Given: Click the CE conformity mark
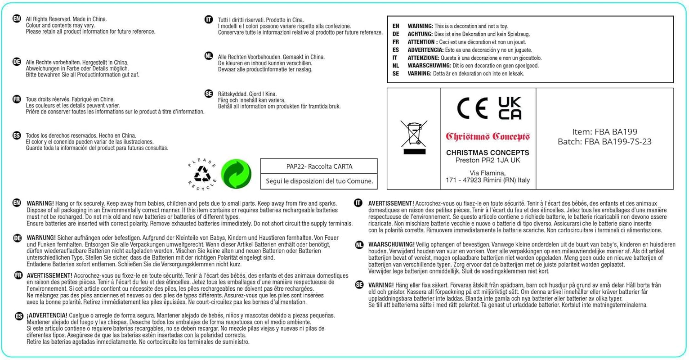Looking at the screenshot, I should coord(472,108).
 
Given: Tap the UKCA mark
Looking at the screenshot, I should coord(510,108).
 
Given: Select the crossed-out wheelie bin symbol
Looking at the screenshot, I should coord(414,137).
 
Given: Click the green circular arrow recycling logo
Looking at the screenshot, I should coord(237,174).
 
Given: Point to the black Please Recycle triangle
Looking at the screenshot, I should coord(202,174).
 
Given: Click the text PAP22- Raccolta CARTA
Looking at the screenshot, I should coord(319,166).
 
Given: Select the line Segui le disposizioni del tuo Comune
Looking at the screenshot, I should coord(319,181).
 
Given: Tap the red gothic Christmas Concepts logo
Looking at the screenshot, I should coord(488,136).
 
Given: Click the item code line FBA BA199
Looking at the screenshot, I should coord(604,132).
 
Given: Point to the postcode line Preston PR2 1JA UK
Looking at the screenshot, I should coord(488,160).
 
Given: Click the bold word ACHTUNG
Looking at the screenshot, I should coord(420,34).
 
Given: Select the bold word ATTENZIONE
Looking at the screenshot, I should coord(423,58).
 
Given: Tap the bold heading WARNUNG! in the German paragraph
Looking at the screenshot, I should coord(41,238).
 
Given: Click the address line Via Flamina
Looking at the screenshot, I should coord(488,173).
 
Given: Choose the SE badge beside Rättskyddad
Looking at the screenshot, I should coord(209,94).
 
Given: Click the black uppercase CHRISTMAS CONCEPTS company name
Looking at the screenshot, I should coord(488,153).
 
